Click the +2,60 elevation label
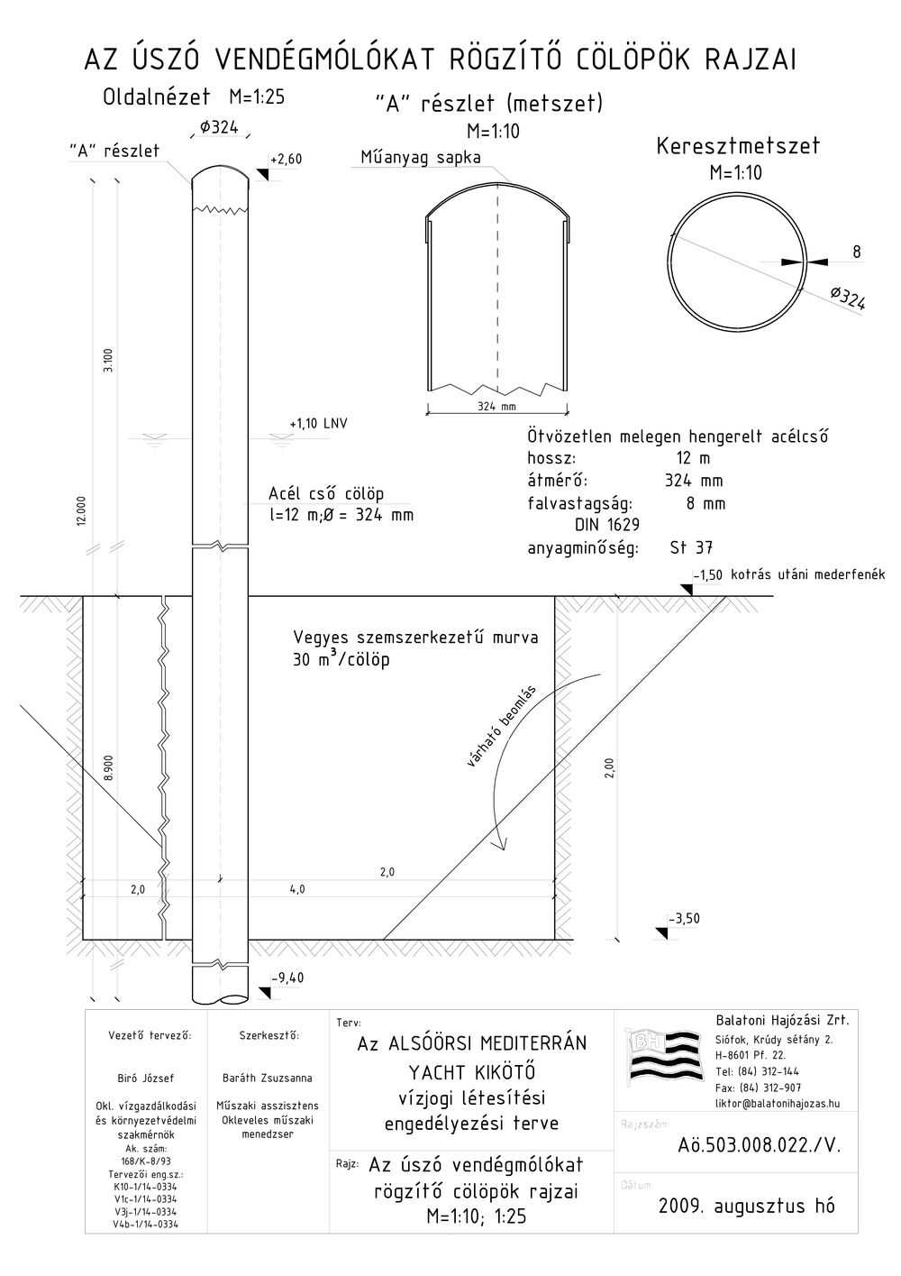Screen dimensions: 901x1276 pos(286,159)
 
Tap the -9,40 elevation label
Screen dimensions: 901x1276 pos(288,978)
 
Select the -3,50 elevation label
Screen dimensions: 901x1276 pos(684,918)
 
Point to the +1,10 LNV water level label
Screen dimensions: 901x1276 pos(318,424)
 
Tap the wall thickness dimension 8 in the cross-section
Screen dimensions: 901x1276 pos(857,252)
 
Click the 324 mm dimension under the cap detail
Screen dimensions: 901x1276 pos(496,406)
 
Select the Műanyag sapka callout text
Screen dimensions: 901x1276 pos(421,157)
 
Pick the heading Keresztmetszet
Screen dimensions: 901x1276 pos(738,146)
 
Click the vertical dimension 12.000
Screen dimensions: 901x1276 pos(81,511)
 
